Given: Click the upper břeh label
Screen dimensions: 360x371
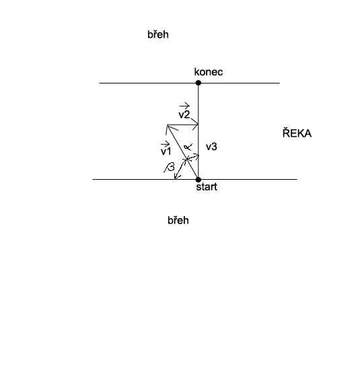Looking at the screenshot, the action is [x=158, y=34].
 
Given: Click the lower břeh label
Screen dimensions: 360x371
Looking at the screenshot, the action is [x=178, y=220].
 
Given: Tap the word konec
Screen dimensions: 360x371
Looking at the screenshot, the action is [x=209, y=72].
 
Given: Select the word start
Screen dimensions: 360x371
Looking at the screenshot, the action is [x=207, y=187].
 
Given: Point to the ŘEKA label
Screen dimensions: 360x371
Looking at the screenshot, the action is [x=297, y=133].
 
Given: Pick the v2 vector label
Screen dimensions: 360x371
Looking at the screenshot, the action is [x=184, y=114].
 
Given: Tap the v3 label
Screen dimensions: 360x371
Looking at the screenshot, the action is [x=211, y=147].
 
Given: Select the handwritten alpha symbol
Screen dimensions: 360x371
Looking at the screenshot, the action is [x=188, y=147].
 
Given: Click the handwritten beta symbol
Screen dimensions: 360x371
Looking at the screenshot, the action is [x=170, y=168].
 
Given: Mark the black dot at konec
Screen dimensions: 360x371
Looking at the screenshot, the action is [x=199, y=83].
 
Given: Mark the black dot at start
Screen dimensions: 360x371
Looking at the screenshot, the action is [x=199, y=180].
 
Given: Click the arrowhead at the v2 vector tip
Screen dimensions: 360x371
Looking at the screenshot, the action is [x=196, y=125].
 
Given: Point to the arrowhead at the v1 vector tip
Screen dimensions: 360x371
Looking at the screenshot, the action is [x=170, y=129].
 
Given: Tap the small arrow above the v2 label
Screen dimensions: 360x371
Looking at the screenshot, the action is [x=184, y=106].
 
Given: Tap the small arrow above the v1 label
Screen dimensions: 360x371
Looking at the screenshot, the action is [x=165, y=143].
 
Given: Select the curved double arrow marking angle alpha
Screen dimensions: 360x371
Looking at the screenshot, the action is [x=193, y=156].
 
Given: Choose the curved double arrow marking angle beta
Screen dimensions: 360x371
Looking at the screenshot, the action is [x=180, y=168].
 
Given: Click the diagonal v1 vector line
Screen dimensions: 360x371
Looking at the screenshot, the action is [x=182, y=152].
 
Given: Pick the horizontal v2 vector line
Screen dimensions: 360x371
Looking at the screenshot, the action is [x=182, y=125].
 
